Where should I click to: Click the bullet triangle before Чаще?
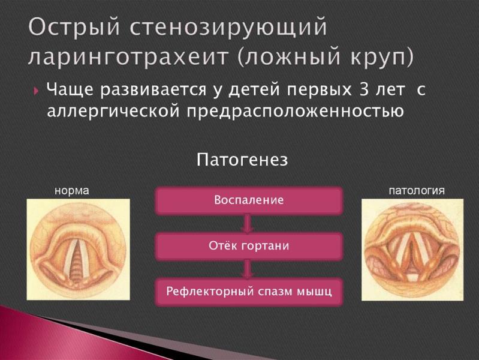pos(37,91)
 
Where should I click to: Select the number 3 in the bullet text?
pos(365,90)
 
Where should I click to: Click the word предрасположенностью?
pos(291,112)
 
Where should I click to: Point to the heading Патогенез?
pos(242,160)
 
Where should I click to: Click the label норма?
pos(71,191)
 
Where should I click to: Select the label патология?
pos(417,191)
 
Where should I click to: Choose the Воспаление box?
pos(249,200)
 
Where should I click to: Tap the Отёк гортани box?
pos(249,246)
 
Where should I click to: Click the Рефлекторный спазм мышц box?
pos(249,292)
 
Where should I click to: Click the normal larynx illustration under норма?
pos(78,249)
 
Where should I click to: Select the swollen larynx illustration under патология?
pos(412,249)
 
